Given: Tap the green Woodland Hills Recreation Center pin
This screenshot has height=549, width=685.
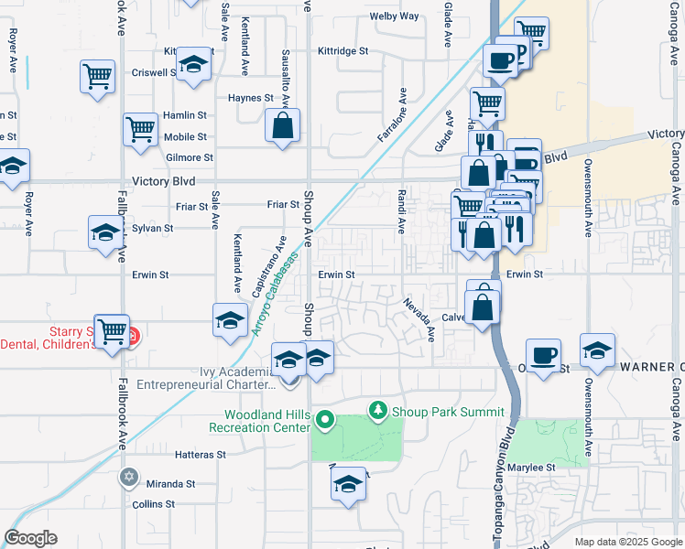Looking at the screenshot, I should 324,421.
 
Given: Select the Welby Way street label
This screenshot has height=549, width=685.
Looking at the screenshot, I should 394,16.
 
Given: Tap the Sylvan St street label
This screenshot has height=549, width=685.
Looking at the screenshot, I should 152,228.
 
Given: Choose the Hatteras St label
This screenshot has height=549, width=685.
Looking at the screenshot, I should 200,455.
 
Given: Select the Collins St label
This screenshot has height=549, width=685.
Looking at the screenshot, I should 153,504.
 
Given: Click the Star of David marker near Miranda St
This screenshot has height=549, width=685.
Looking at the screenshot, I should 129,477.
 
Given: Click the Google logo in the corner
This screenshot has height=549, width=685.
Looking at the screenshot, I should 30,538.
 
